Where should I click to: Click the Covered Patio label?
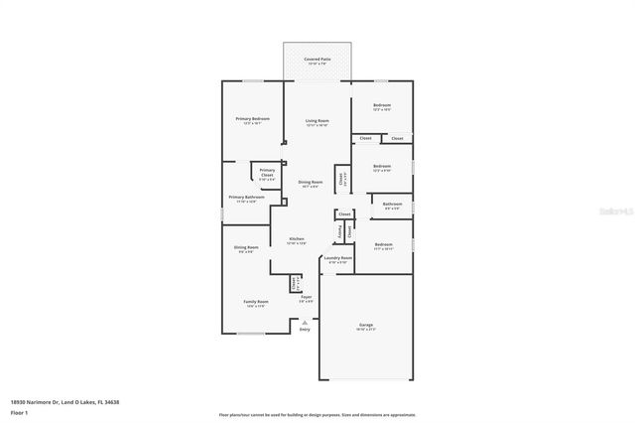point(317,61)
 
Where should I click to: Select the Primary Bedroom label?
point(253,119)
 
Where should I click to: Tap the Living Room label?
point(317,120)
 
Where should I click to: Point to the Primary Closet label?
point(267,172)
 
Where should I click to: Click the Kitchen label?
point(296,239)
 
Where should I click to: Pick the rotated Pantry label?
point(340,232)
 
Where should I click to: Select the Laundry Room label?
point(338,258)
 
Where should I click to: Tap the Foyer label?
point(307,296)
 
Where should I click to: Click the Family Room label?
point(256,302)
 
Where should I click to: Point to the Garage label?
point(365,325)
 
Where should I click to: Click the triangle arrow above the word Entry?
point(304,321)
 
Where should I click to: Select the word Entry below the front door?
point(304,330)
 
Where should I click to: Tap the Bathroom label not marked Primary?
point(392,205)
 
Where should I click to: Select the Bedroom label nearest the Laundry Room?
point(384,244)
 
